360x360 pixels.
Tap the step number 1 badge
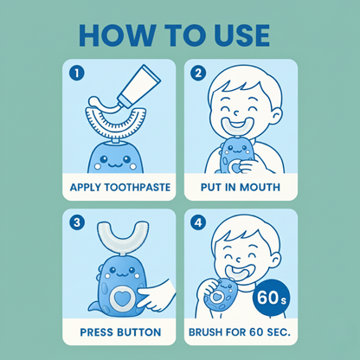pyautogui.click(x=77, y=73)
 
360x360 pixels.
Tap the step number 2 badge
pyautogui.click(x=198, y=73)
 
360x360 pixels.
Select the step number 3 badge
pyautogui.click(x=77, y=223)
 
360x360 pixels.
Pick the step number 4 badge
pyautogui.click(x=198, y=223)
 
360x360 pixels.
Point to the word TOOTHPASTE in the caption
pyautogui.click(x=137, y=187)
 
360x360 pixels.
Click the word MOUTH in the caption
pyautogui.click(x=260, y=187)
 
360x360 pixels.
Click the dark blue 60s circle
pyautogui.click(x=271, y=298)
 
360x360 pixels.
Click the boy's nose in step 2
pyautogui.click(x=236, y=112)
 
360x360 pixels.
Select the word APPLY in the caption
pyautogui.click(x=86, y=187)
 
